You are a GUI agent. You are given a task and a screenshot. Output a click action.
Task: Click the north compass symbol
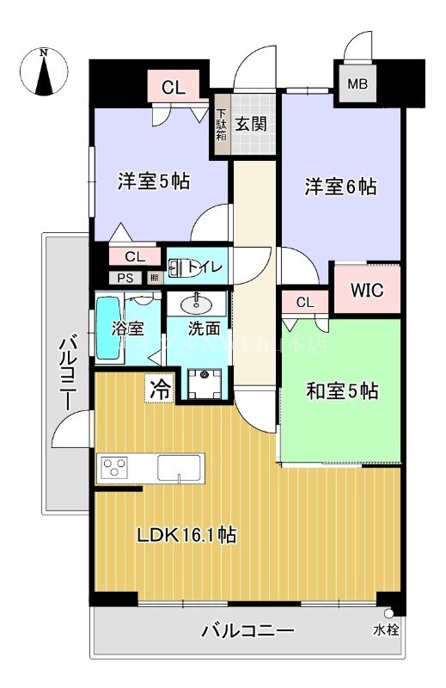(44, 72)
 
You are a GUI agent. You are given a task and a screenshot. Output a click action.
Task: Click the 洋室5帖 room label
(154, 182)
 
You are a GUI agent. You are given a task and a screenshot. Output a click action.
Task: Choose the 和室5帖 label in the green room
(342, 391)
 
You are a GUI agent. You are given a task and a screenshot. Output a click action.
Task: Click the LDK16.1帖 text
(187, 535)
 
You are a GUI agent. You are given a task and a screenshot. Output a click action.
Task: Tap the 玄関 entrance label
(252, 123)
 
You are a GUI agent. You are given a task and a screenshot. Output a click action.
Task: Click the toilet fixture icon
(183, 268)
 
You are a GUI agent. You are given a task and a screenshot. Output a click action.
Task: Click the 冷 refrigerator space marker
(161, 388)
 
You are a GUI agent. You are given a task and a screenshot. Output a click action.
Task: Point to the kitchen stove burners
(115, 468)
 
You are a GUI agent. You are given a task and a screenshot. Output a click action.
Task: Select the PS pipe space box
(125, 278)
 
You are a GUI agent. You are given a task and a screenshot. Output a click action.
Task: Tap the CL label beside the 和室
(305, 301)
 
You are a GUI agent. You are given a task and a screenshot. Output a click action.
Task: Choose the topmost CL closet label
(172, 86)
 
